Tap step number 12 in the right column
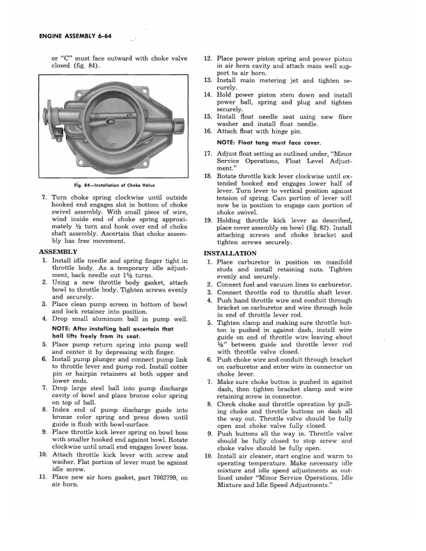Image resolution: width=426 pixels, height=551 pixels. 207,58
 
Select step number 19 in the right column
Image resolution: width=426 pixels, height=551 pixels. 207,220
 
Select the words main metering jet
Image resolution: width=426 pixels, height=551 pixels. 273,81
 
